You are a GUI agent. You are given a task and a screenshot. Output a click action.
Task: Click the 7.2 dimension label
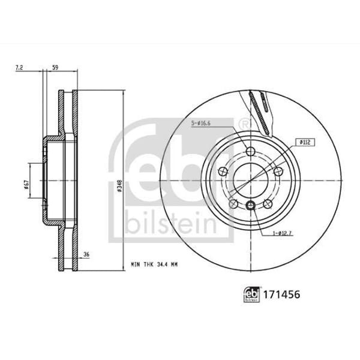19,67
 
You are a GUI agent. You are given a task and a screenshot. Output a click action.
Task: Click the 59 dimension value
55,67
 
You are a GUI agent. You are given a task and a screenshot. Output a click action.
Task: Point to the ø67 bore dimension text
26,185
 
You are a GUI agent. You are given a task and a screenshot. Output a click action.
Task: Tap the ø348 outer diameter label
119,186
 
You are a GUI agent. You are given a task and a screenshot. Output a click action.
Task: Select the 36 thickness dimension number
86,254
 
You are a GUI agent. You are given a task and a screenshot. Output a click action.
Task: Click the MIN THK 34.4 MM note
154,265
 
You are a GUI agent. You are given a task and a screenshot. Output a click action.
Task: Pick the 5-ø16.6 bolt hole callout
201,123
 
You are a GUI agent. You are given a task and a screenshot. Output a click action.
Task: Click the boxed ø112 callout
305,142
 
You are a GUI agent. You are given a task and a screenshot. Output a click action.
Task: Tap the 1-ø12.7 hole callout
282,233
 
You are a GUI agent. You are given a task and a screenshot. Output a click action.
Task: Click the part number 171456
281,295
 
